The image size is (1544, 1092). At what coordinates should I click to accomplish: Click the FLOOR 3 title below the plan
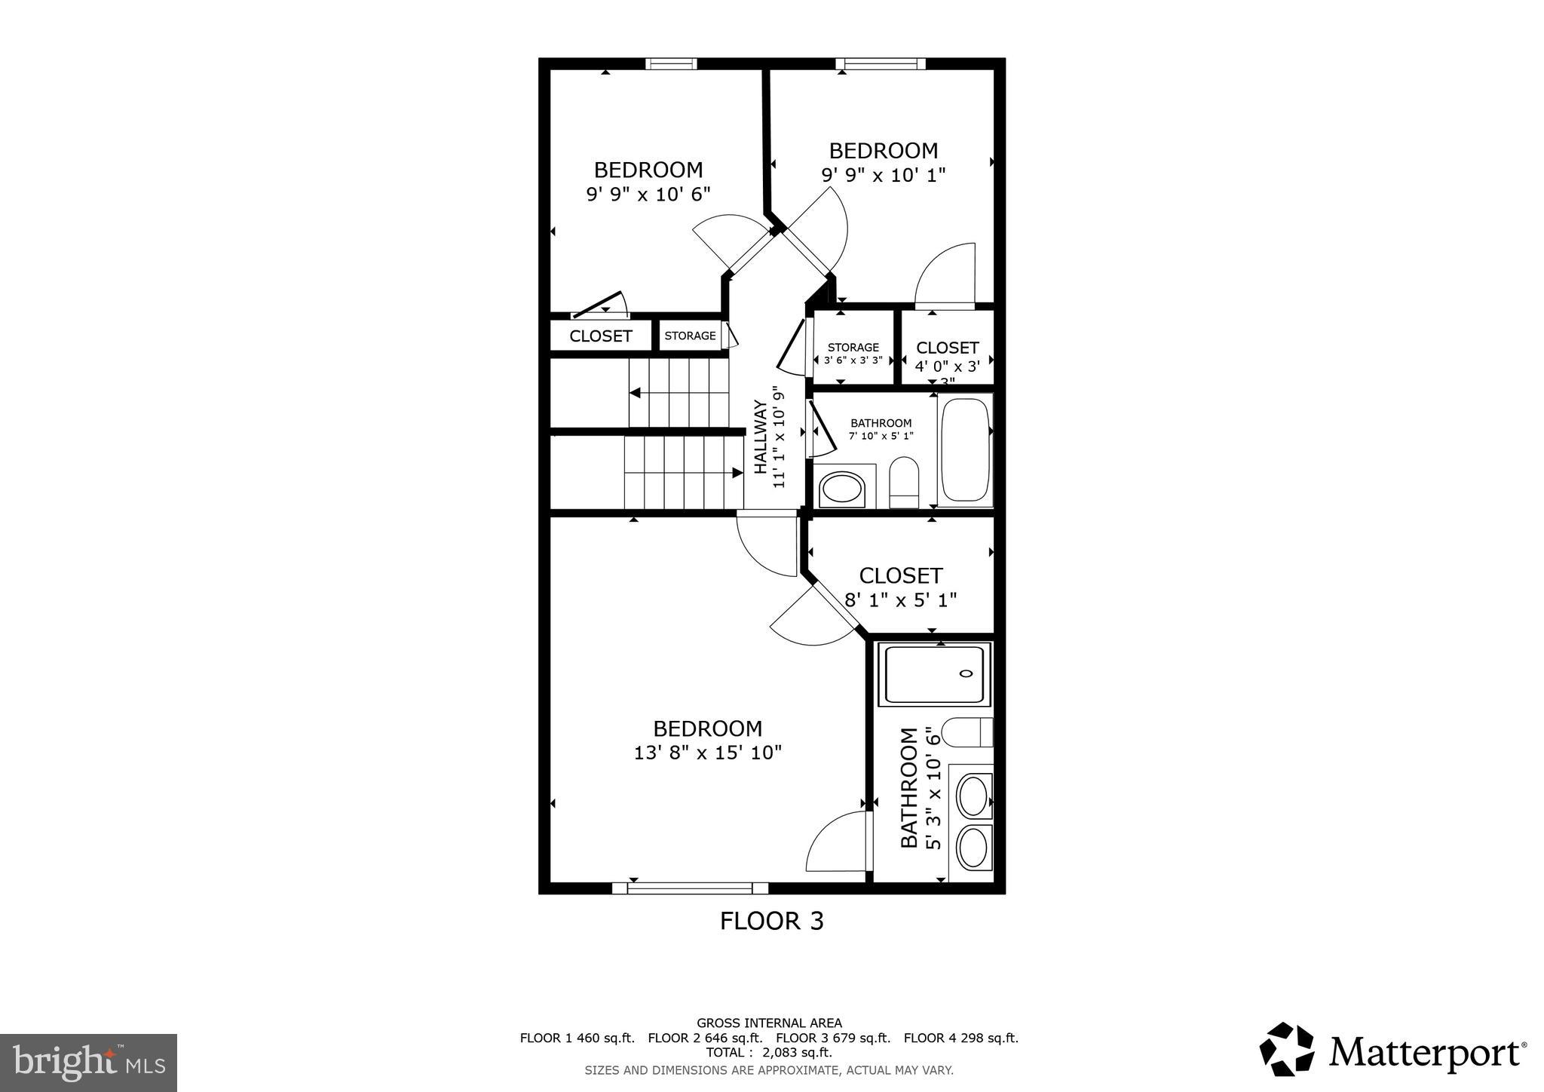point(771,921)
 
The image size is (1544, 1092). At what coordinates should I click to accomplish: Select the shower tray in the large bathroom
point(934,673)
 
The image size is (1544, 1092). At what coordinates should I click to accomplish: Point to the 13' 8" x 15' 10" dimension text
point(708,753)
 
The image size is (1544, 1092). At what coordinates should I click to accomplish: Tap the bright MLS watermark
point(88,1063)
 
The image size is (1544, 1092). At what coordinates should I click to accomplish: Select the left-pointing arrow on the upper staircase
point(636,393)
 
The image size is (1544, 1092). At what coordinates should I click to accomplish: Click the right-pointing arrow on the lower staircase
point(737,473)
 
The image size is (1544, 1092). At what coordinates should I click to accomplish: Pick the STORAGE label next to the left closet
point(690,336)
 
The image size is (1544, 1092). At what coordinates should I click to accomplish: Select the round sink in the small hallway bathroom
point(842,489)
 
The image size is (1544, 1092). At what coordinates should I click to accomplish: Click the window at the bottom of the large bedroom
point(690,888)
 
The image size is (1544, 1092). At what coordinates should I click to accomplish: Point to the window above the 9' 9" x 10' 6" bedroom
point(671,64)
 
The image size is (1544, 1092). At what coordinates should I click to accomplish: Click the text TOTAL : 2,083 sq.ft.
point(769,1052)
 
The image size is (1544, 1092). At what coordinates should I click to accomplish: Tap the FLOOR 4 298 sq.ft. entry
point(960,1038)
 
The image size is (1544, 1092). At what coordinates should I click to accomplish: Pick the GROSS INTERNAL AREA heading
point(769,1023)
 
